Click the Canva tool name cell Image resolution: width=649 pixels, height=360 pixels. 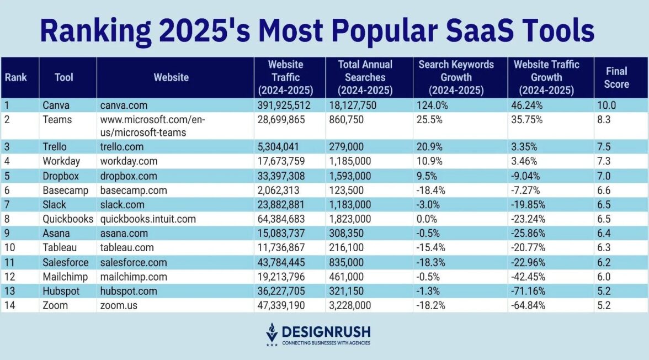[56, 104]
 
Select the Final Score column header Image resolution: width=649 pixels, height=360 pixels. [616, 78]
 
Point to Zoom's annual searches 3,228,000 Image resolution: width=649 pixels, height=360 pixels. [350, 305]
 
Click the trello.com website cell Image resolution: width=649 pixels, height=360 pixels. [122, 147]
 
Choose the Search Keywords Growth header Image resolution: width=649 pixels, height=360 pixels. [456, 78]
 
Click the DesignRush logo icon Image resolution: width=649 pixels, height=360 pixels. [272, 334]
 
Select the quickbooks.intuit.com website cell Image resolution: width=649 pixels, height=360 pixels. [148, 219]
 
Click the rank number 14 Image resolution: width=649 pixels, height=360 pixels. [10, 305]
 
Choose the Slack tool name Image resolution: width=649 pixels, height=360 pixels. [54, 204]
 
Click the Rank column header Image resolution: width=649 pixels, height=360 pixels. [16, 78]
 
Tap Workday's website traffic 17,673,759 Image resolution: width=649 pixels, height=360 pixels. [280, 161]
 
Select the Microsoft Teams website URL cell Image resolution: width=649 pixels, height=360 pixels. [152, 125]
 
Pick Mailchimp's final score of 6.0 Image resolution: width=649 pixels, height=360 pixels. [604, 277]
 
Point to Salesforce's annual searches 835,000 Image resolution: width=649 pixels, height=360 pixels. [347, 262]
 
